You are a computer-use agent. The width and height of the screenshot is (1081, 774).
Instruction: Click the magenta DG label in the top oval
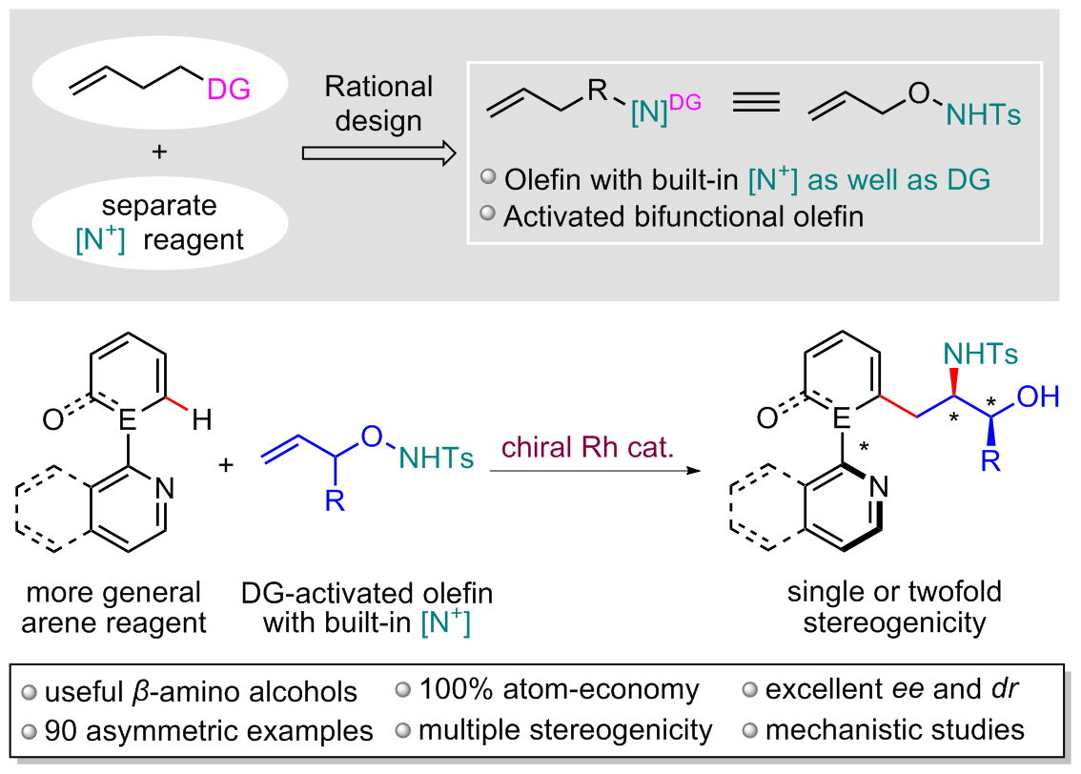pyautogui.click(x=229, y=91)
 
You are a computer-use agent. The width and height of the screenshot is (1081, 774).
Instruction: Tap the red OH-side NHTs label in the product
pyautogui.click(x=980, y=355)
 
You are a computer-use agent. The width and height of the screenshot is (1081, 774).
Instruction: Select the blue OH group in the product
pyautogui.click(x=1037, y=397)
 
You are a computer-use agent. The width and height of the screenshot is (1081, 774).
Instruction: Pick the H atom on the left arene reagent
pyautogui.click(x=202, y=418)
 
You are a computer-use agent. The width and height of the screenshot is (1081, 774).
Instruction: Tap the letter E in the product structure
pyautogui.click(x=841, y=417)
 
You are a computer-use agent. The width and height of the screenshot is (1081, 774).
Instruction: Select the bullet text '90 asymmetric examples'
pyautogui.click(x=198, y=732)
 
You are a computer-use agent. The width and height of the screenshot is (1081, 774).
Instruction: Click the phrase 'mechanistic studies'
pyautogui.click(x=894, y=731)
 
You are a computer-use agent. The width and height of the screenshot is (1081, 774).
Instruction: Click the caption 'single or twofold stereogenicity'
pyautogui.click(x=894, y=607)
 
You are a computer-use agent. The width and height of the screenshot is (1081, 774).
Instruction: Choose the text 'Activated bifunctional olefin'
pyautogui.click(x=683, y=216)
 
